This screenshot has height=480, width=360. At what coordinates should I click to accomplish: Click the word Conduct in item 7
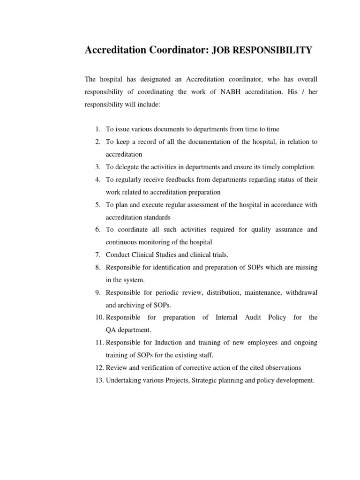pyautogui.click(x=117, y=255)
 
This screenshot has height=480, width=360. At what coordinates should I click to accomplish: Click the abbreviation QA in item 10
pyautogui.click(x=111, y=330)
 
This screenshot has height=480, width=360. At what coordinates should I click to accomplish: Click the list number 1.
pyautogui.click(x=97, y=129)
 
